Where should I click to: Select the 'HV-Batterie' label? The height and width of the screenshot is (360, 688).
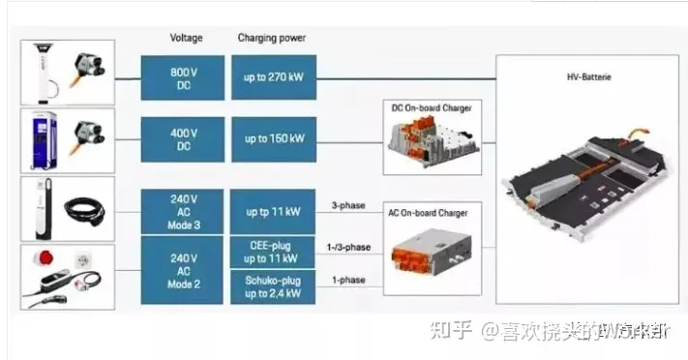[589, 74]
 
